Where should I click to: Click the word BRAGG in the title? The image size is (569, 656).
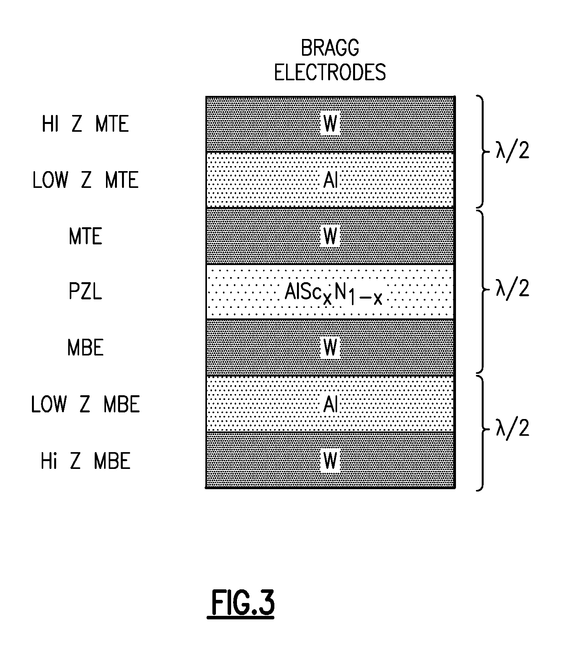click(330, 49)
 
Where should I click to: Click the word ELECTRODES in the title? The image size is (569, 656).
click(330, 72)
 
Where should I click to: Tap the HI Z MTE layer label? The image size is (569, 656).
click(85, 124)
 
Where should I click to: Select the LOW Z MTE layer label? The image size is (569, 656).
click(85, 180)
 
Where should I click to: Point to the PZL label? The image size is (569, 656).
click(85, 292)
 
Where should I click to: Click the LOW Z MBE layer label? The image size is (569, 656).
click(85, 404)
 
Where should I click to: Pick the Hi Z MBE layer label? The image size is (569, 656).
click(85, 461)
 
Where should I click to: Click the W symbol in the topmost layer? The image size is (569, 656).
click(330, 124)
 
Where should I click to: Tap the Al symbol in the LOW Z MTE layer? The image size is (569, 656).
click(330, 180)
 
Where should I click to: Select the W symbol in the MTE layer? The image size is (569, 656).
click(330, 236)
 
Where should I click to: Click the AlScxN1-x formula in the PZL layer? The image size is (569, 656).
click(333, 294)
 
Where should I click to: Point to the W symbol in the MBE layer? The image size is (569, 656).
click(330, 348)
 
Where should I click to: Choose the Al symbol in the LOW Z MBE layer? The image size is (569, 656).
click(330, 404)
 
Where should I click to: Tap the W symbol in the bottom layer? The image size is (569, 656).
click(330, 461)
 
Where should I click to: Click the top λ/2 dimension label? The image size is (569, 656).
click(512, 150)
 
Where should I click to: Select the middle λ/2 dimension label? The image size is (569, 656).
click(512, 289)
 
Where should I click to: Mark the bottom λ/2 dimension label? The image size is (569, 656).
click(512, 428)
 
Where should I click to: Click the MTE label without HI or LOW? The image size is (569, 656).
click(85, 236)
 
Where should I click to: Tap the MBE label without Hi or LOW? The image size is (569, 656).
click(85, 348)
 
